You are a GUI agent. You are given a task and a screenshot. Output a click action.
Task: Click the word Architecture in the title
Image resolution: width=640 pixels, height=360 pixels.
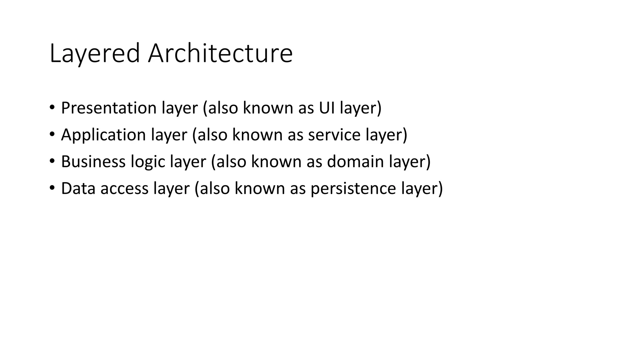220,53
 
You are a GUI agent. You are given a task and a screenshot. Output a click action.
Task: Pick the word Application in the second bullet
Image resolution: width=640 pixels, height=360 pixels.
103,135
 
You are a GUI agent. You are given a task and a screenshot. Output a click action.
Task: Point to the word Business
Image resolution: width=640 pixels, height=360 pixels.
93,162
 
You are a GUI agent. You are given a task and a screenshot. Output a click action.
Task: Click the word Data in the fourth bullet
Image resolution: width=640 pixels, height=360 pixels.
78,188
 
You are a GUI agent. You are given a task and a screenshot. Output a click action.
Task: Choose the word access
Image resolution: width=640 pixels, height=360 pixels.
124,189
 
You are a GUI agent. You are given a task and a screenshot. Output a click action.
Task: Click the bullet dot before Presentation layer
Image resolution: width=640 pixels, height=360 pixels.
52,107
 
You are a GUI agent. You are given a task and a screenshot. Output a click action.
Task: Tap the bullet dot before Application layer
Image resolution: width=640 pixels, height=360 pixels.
52,134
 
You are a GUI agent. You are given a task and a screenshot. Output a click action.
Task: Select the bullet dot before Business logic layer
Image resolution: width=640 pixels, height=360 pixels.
52,161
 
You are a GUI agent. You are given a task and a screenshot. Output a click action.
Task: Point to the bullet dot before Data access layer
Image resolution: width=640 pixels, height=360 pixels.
52,188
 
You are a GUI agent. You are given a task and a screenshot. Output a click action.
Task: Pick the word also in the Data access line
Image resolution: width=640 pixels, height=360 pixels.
214,188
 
